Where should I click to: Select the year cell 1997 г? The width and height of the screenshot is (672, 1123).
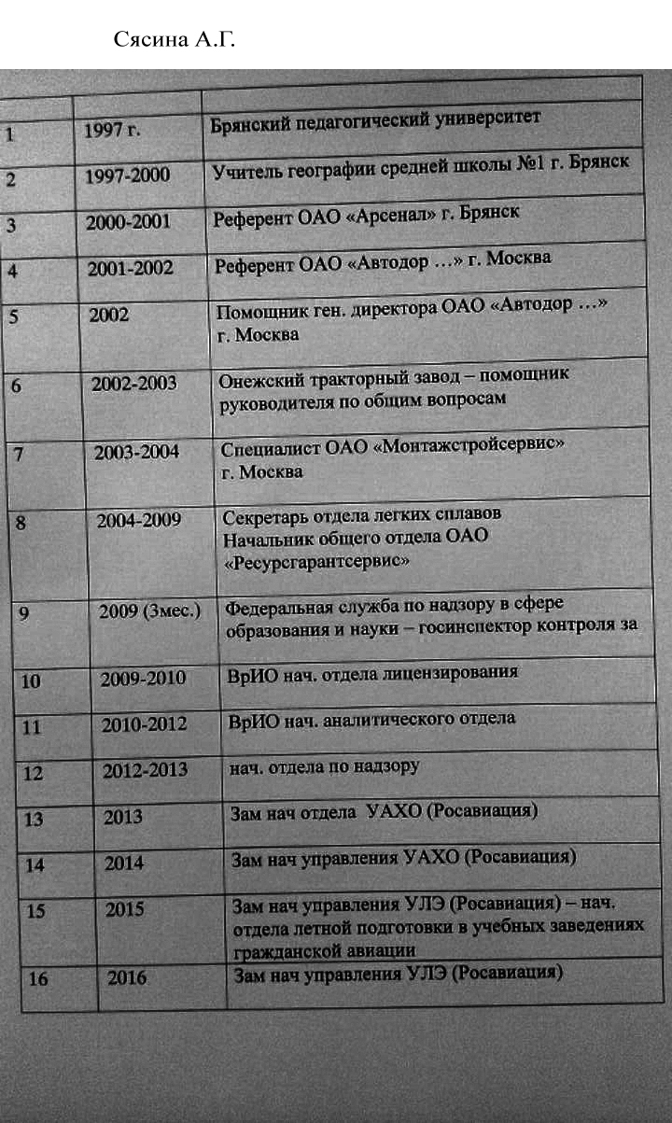[111, 130]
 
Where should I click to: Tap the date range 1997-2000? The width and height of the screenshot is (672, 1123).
[127, 175]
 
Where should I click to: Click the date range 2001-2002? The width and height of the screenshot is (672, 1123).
[131, 268]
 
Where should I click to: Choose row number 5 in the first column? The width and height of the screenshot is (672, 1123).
[16, 316]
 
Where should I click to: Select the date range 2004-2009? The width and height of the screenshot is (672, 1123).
[139, 520]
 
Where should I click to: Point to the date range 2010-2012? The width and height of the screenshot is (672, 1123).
[144, 724]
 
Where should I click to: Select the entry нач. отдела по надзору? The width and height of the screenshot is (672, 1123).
[325, 767]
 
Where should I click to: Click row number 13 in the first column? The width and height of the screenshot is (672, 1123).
[33, 819]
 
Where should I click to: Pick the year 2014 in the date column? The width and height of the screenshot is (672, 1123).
[124, 863]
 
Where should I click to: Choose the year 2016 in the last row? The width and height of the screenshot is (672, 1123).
[127, 978]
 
